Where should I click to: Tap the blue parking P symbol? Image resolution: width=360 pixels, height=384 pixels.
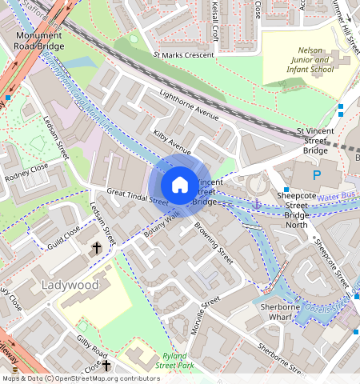[x=316, y=174]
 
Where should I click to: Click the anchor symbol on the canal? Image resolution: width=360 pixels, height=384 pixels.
[x=257, y=205]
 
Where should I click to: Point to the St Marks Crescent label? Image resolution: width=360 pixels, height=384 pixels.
[x=183, y=54]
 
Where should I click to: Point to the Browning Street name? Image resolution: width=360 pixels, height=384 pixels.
[x=214, y=245]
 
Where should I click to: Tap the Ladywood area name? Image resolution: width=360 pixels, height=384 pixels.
[x=70, y=285]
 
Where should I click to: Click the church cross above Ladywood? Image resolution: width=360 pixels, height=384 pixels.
[x=97, y=248]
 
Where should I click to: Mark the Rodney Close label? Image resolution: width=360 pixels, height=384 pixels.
[x=26, y=172]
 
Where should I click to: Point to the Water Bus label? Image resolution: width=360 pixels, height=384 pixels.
[x=337, y=196]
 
